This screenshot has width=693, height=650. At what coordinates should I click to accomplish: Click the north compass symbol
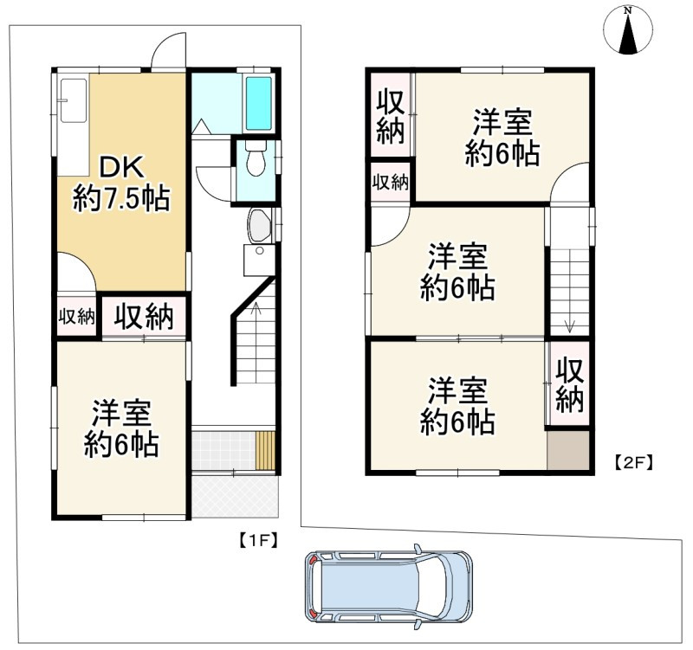[x=628, y=32]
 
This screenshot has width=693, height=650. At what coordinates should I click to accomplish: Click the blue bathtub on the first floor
[x=259, y=103]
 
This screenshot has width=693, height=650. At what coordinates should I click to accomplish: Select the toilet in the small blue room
[x=256, y=159]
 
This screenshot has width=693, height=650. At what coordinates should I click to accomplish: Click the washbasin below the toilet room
[x=259, y=227]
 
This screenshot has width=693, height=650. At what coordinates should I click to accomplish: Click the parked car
[x=388, y=588]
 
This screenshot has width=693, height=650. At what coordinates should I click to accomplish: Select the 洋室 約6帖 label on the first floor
[x=121, y=428]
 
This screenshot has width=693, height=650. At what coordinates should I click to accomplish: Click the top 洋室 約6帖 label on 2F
[x=502, y=138]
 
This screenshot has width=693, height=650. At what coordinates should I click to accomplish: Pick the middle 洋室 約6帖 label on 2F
[x=457, y=272]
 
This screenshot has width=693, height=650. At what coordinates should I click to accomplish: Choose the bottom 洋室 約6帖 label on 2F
[x=457, y=405]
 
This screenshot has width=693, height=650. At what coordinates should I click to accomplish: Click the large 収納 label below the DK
[x=145, y=317]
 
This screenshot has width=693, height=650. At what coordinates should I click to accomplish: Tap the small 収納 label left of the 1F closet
[x=76, y=317]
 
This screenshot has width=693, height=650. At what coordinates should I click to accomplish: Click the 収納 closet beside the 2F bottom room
[x=570, y=385]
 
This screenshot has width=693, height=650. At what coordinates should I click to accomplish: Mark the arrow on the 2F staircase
[x=570, y=325]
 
